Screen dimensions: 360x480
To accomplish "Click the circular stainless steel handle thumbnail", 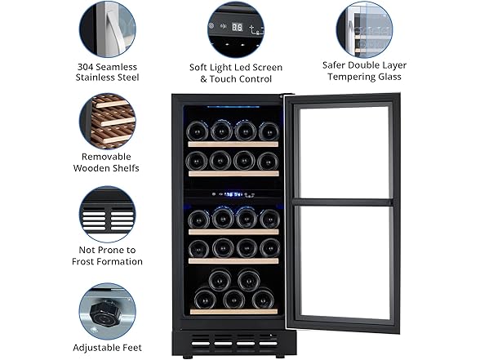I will click(x=108, y=29).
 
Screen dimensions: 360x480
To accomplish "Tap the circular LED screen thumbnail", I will click(x=235, y=29).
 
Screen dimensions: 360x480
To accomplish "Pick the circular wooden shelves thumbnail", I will click(x=108, y=120).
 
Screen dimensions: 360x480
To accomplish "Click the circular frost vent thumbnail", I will click(x=108, y=214).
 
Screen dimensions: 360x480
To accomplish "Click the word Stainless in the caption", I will click(x=108, y=78).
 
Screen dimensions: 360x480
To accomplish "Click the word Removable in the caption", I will click(x=108, y=156).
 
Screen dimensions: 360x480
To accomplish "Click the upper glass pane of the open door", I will click(x=344, y=151).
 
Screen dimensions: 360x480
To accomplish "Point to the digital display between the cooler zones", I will click(x=233, y=194).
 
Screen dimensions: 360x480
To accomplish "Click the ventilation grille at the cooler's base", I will click(x=233, y=338).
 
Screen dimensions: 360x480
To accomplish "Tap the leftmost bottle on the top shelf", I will click(x=197, y=131).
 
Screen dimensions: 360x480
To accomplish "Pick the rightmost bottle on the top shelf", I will click(x=268, y=131).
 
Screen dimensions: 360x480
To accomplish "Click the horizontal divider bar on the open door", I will click(x=344, y=201).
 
